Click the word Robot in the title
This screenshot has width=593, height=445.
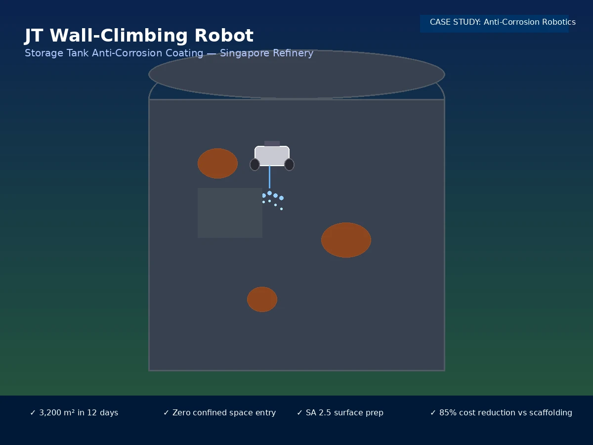tap(224, 36)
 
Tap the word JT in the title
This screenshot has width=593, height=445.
tap(34, 36)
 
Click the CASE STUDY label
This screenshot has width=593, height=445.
tap(455, 22)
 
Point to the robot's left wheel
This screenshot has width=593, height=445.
tap(254, 165)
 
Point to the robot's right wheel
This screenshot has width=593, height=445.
tap(289, 165)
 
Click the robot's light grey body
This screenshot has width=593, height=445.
tap(272, 156)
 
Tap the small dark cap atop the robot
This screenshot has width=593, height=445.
tap(272, 143)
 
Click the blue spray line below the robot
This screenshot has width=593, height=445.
tap(269, 177)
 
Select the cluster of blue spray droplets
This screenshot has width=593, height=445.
tap(273, 200)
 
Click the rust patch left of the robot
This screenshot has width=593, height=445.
tap(217, 163)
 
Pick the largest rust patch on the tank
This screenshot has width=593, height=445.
tap(346, 240)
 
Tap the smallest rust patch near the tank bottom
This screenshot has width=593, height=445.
tap(262, 299)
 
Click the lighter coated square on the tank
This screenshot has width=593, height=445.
tap(230, 213)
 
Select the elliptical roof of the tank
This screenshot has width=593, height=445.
tap(296, 74)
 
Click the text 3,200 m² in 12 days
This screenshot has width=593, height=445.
tap(79, 412)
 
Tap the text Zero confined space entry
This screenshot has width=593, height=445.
tap(224, 412)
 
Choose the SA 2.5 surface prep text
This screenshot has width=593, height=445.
tap(344, 412)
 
